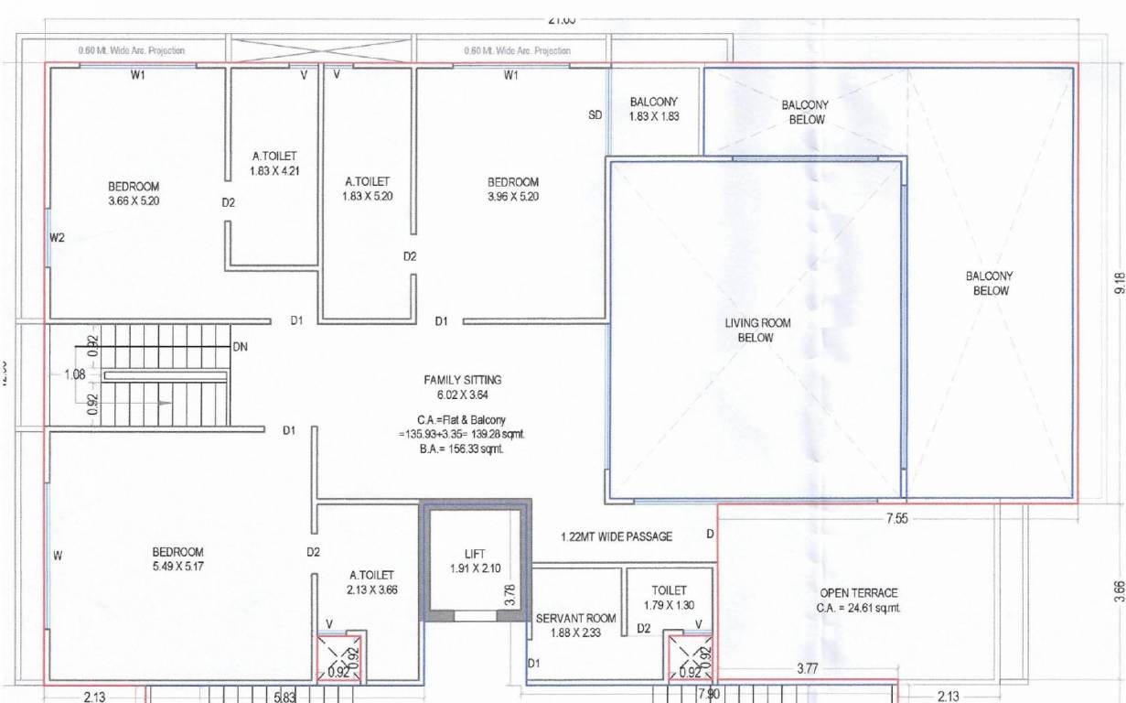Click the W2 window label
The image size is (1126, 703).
(x=58, y=238)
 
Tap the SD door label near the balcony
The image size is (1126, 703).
(x=595, y=115)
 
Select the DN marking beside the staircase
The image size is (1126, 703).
(x=241, y=347)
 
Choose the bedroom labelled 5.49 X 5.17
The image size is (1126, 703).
(x=177, y=559)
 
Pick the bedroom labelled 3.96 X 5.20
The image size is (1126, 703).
(x=513, y=189)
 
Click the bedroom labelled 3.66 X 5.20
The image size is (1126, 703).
(x=134, y=193)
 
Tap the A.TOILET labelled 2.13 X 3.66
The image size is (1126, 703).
(x=370, y=582)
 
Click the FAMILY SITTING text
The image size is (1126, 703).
(x=462, y=379)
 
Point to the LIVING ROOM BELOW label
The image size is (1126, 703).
(x=756, y=330)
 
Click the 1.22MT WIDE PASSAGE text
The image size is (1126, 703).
(x=616, y=536)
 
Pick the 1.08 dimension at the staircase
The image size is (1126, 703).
(x=75, y=374)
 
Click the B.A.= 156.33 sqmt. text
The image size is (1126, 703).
(x=455, y=449)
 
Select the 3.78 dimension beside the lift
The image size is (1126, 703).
(x=510, y=596)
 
